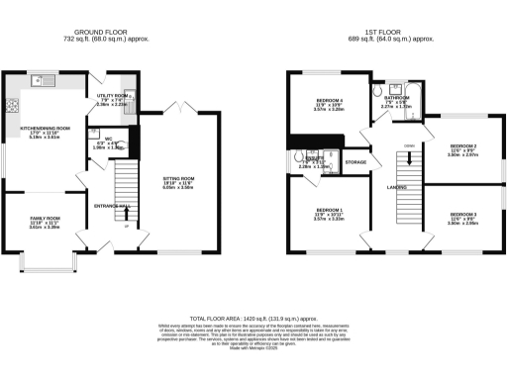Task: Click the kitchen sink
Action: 44,78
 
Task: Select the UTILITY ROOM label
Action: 111,97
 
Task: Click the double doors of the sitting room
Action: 175,108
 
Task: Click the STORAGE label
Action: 355,161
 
